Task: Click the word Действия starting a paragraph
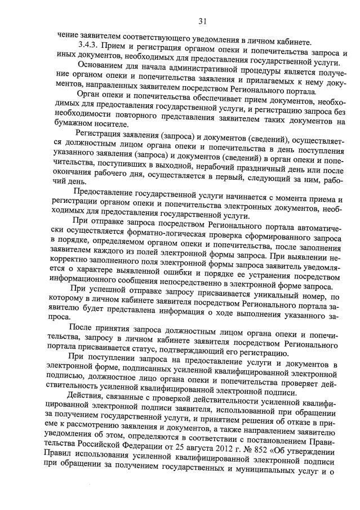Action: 85,394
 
